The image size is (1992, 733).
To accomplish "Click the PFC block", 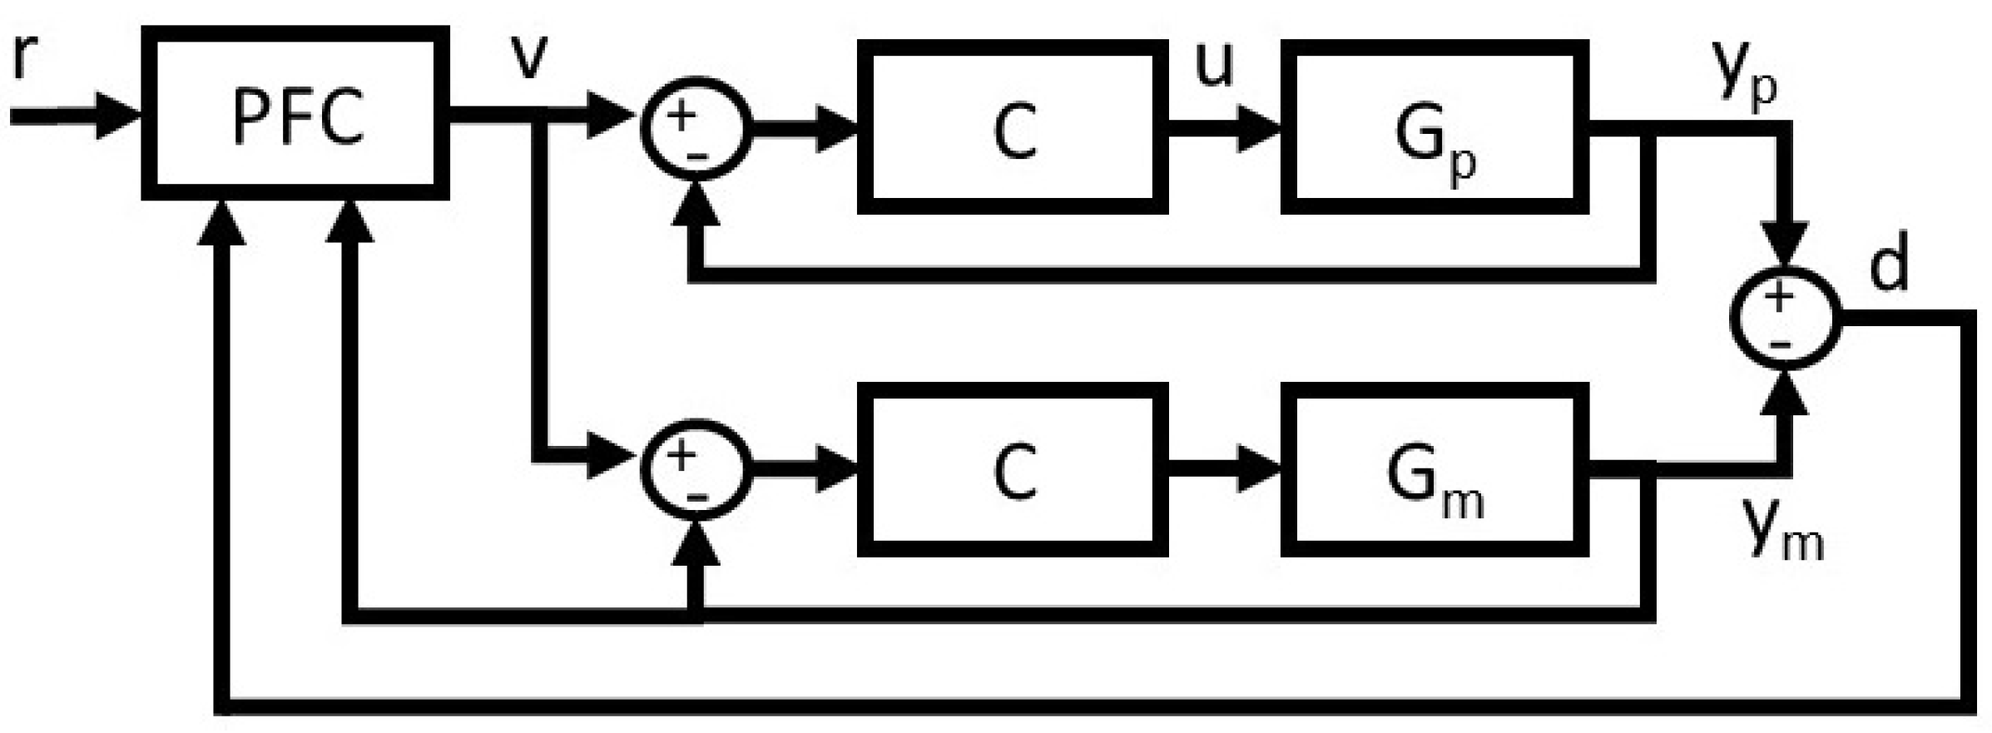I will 295,113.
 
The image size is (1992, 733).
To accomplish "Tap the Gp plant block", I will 1434,127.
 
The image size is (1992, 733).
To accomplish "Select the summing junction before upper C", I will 696,132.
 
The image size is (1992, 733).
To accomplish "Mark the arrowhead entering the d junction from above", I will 1786,245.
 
